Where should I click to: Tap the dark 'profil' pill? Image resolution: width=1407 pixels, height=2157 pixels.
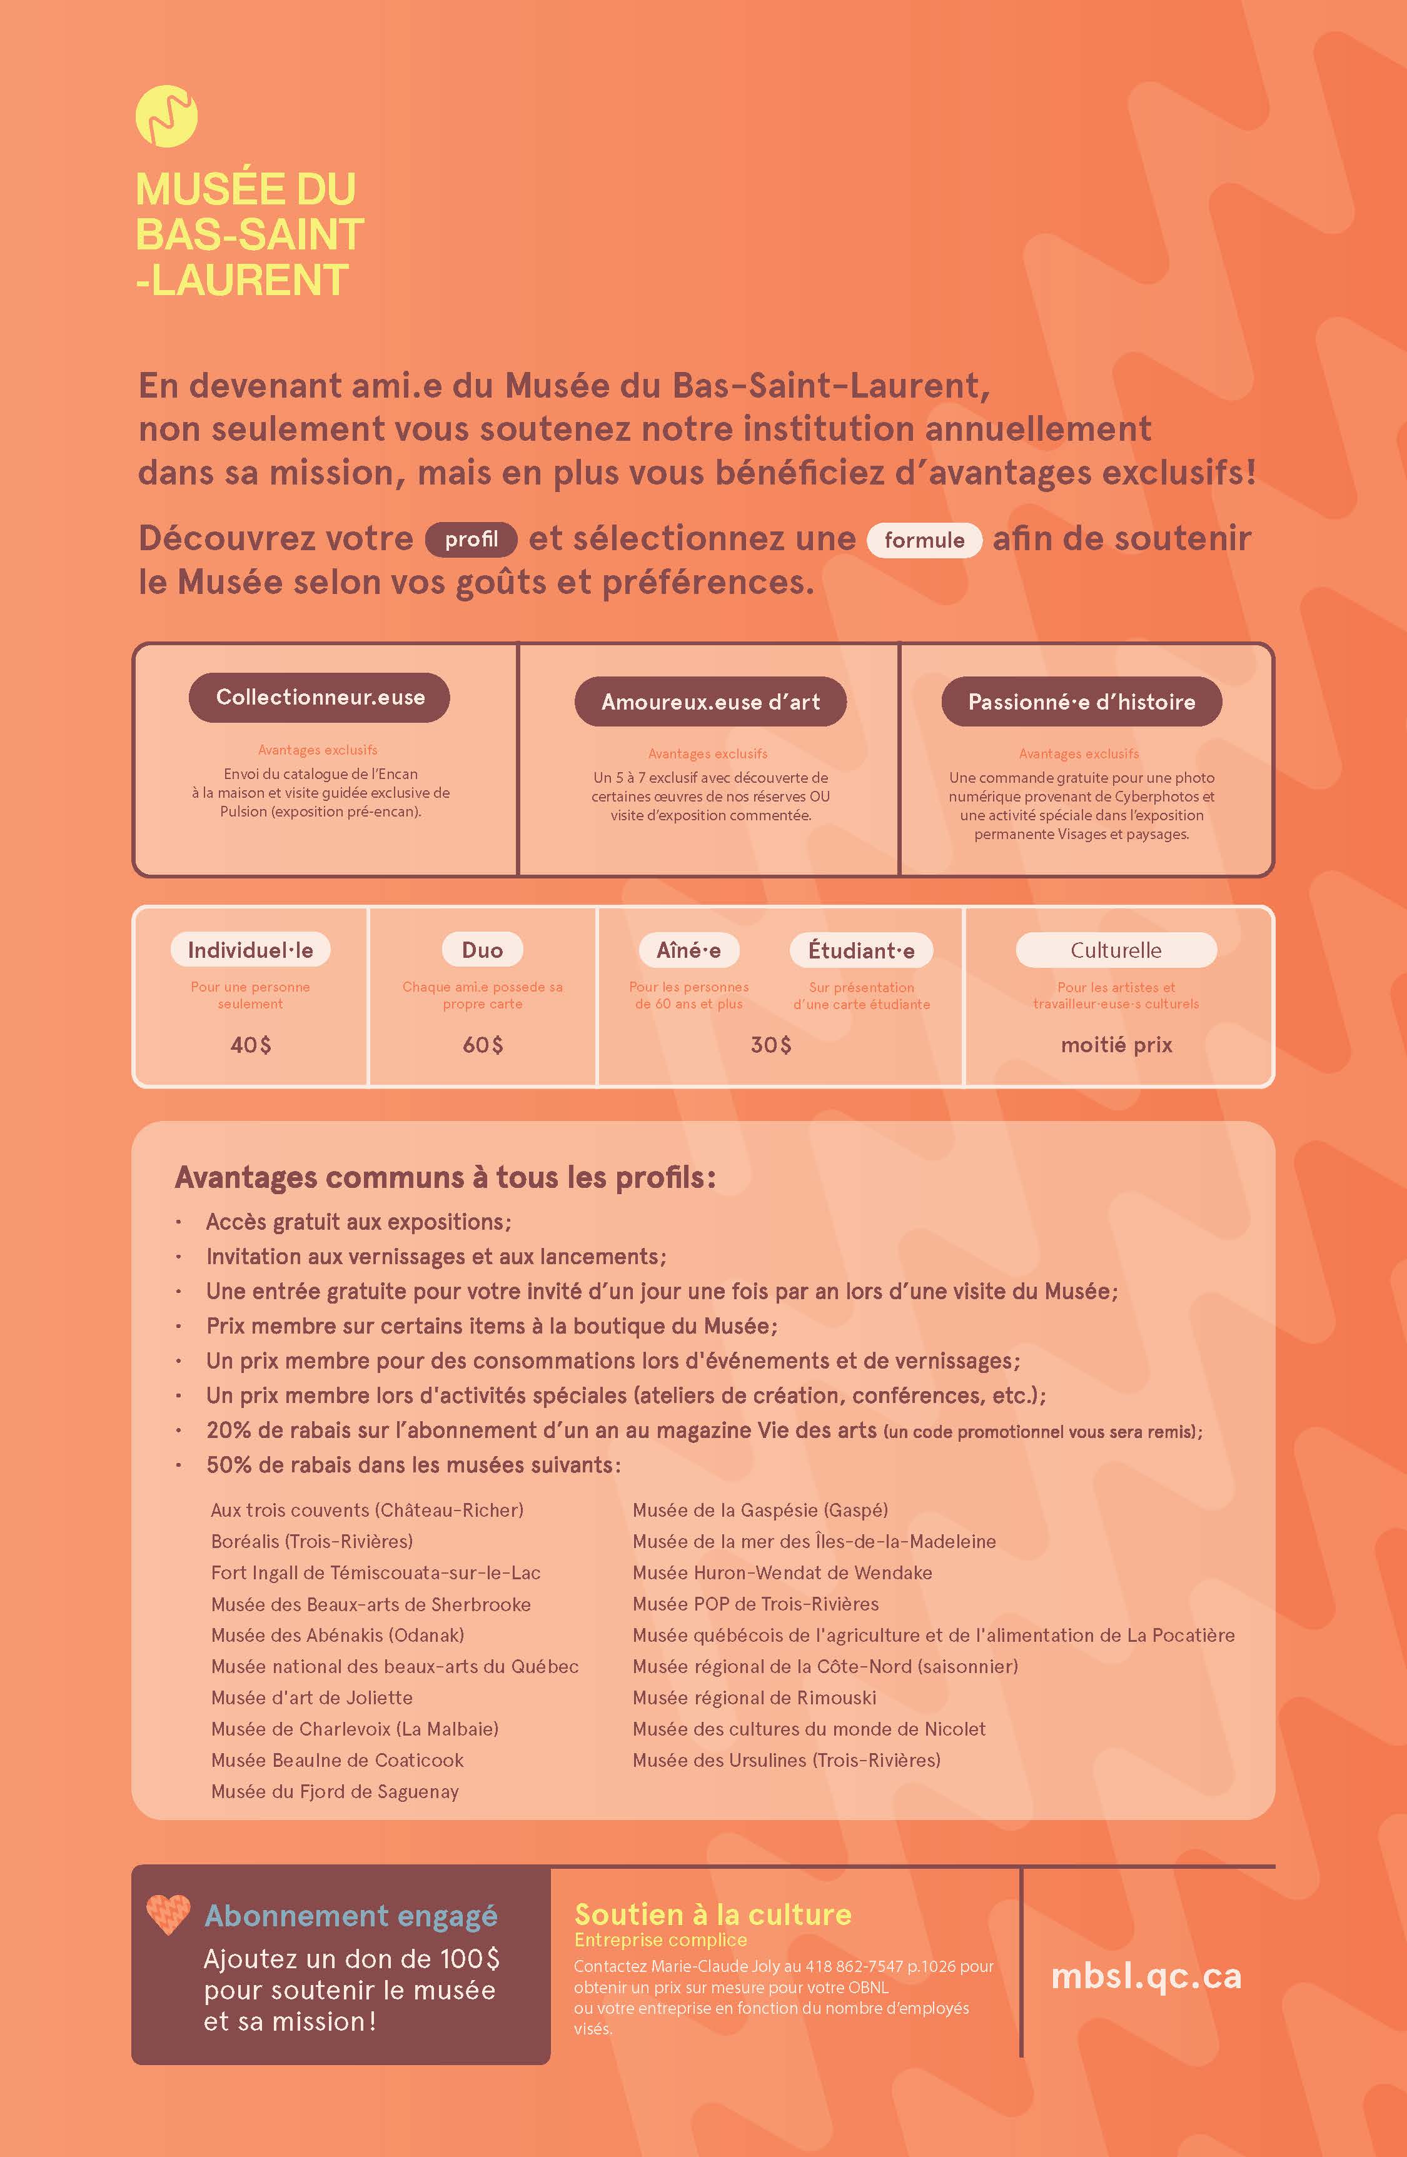point(472,539)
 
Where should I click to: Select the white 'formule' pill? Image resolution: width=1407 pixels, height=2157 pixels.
point(924,540)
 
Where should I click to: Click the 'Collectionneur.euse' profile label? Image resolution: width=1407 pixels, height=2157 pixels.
point(319,697)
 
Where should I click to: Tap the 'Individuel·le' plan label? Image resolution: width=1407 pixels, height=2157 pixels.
point(250,950)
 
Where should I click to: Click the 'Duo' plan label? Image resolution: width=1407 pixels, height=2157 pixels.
point(482,950)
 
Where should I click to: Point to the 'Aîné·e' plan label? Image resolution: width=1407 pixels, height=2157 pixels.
point(689,950)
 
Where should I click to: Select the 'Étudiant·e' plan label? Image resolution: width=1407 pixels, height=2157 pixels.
point(861,950)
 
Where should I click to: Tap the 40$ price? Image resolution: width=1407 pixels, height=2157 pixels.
point(250,1045)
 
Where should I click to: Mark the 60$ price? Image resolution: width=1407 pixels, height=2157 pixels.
point(482,1045)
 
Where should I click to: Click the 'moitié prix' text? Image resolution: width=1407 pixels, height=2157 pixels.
point(1116,1045)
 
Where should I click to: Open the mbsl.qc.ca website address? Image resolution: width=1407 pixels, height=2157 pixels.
point(1146,1976)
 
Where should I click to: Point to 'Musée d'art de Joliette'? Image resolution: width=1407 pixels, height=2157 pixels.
point(312,1697)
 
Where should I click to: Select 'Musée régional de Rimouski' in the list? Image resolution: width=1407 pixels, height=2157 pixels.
point(754,1697)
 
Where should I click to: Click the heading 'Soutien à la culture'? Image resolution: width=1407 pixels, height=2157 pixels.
point(712,1914)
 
